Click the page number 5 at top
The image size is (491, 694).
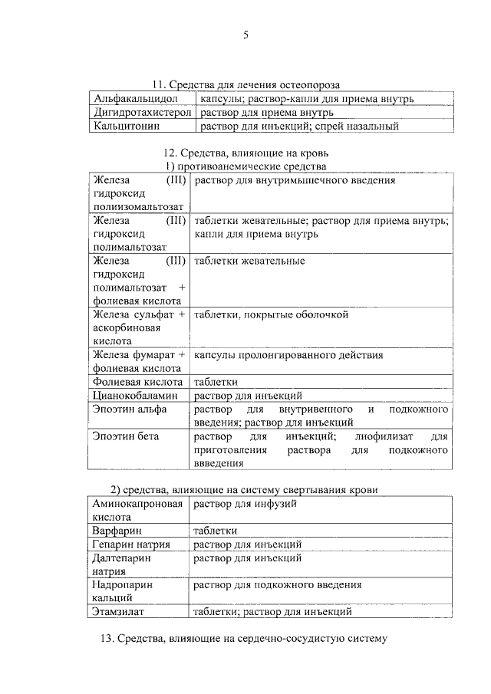(x=245, y=35)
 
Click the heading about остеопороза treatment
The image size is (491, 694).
(x=245, y=84)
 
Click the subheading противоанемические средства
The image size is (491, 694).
(x=246, y=166)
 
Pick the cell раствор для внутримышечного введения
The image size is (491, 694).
(x=295, y=181)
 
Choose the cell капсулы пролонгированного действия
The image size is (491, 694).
(x=288, y=355)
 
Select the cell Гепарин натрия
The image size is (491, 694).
(x=130, y=544)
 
